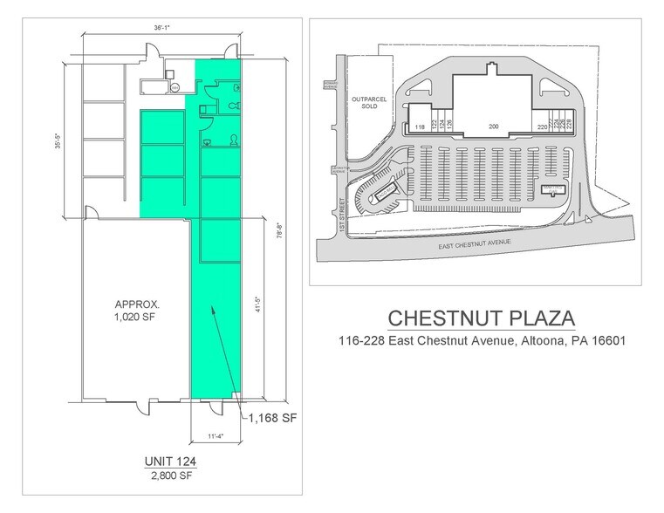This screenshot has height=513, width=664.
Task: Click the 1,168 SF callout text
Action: tap(273, 419)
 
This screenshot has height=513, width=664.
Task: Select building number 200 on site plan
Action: tap(493, 127)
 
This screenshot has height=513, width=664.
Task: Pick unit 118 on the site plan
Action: tap(421, 127)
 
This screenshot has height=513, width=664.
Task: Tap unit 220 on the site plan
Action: tap(542, 127)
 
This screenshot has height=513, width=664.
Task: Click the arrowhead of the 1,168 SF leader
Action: tap(211, 309)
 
